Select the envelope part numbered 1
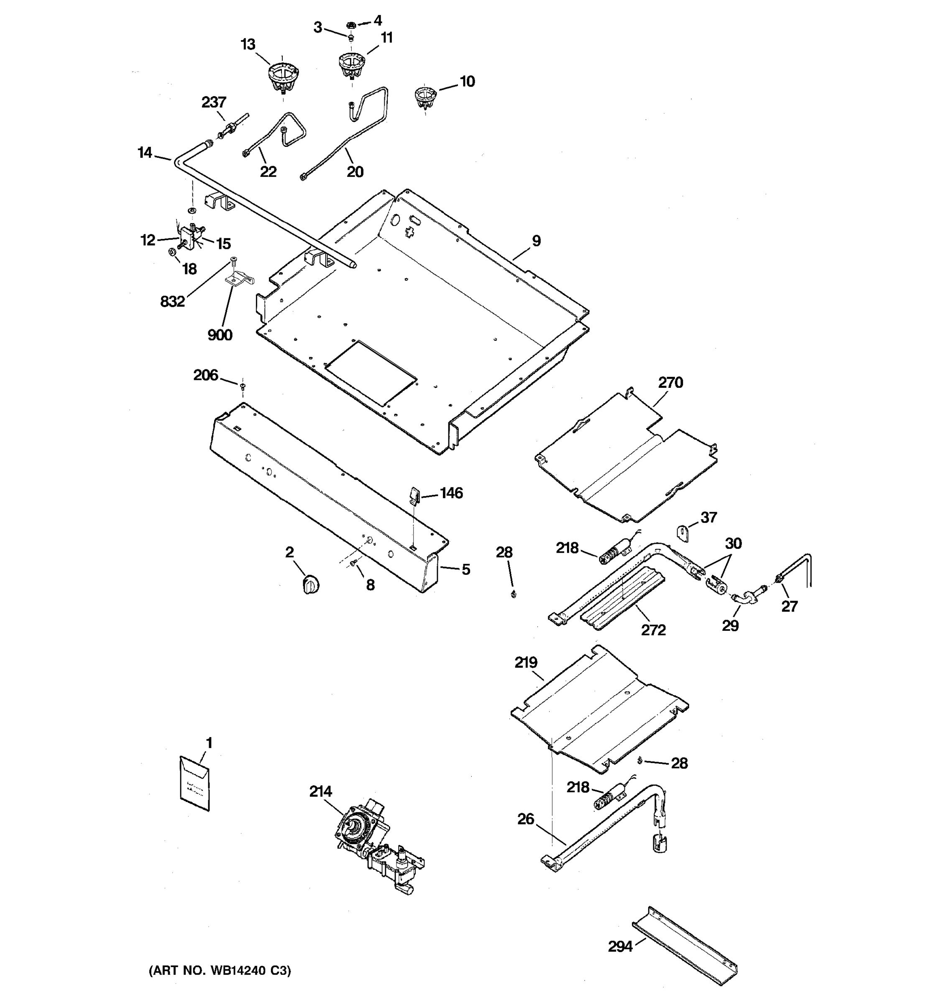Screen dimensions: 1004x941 click(x=194, y=783)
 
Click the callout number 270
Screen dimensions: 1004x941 click(x=670, y=383)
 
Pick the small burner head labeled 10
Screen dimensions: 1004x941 click(x=425, y=97)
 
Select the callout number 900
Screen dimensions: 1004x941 click(x=220, y=335)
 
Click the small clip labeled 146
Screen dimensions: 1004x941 click(x=414, y=495)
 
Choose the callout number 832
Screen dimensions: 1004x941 click(x=172, y=302)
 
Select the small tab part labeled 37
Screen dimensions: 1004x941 click(x=683, y=532)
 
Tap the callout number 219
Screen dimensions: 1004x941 click(x=526, y=663)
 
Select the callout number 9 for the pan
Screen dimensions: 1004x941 click(x=536, y=241)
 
